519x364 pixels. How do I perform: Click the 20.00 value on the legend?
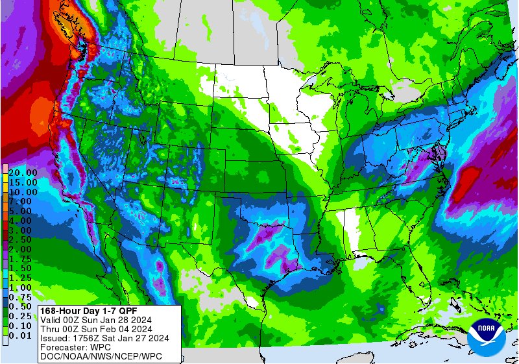click(x=22, y=173)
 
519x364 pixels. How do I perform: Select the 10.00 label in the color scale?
click(x=22, y=192)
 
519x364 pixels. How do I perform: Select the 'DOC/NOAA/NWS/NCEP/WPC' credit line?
click(x=101, y=356)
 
